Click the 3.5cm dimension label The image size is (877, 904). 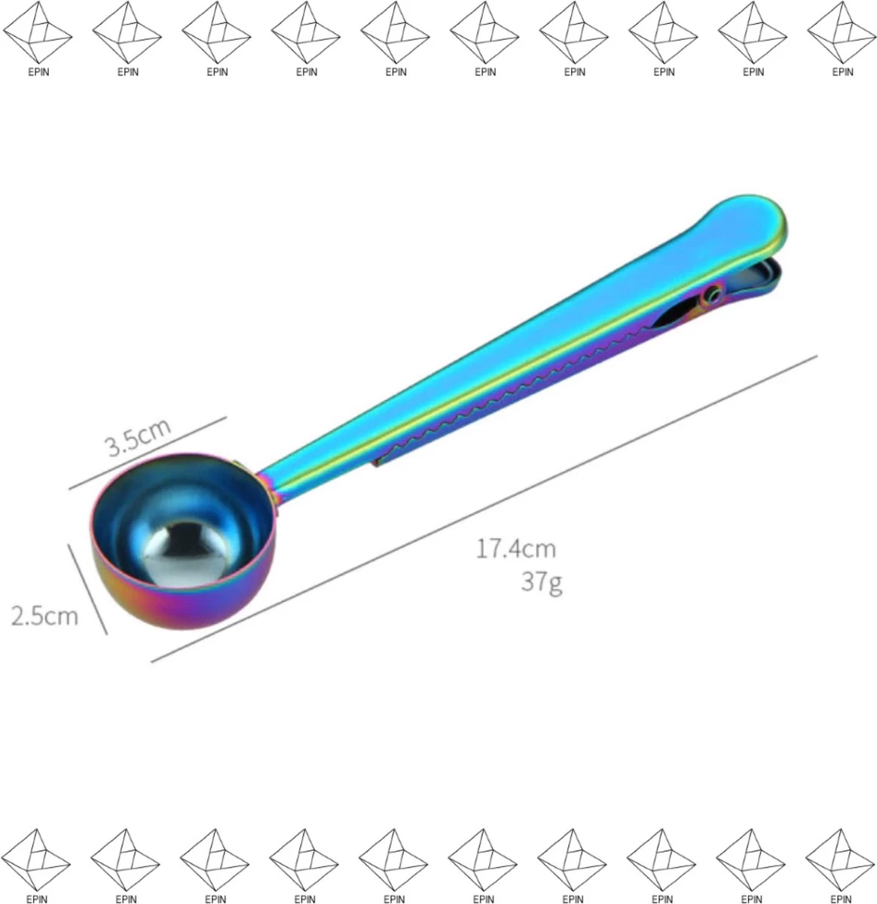click(x=139, y=437)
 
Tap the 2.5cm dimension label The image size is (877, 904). click(x=44, y=616)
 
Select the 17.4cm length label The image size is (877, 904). click(x=516, y=548)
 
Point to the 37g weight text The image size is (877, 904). click(x=542, y=582)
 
